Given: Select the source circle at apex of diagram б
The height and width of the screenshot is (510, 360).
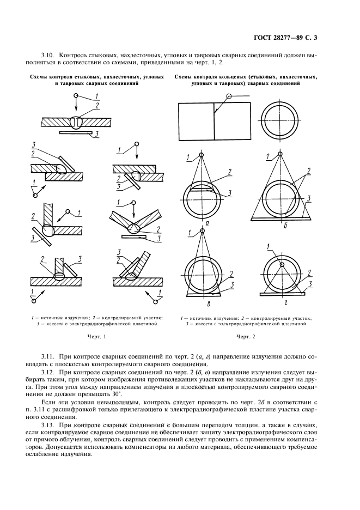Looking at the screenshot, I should pyautogui.click(x=280, y=154).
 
